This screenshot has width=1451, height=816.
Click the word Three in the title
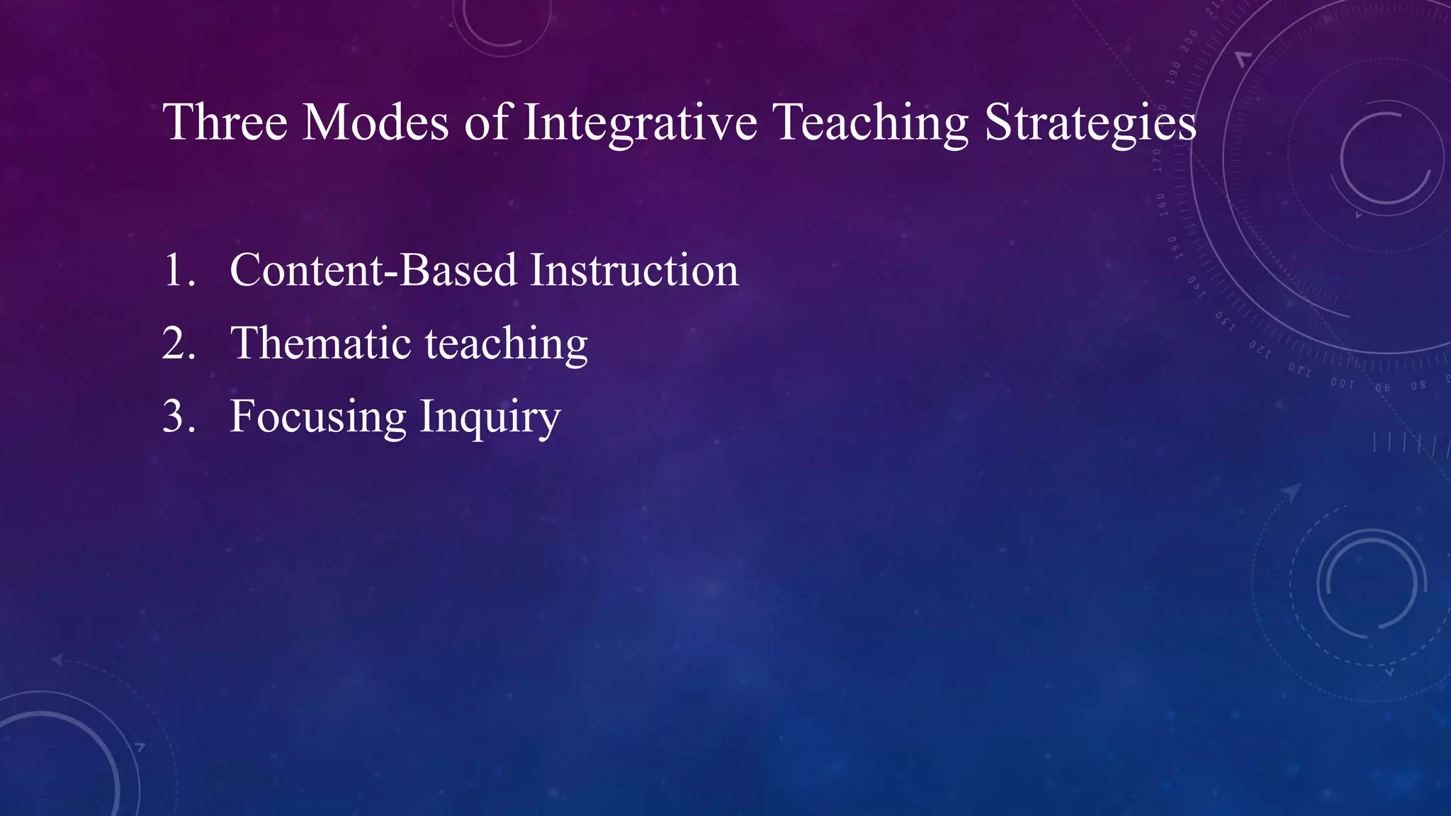click(x=225, y=122)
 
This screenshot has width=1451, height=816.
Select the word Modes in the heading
click(x=376, y=122)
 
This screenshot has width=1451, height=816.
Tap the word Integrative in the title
click(x=640, y=122)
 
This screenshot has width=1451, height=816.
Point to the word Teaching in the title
click(x=870, y=122)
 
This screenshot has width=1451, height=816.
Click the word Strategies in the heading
click(x=1090, y=122)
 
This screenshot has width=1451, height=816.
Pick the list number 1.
click(x=177, y=271)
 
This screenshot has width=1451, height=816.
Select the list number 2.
click(x=177, y=344)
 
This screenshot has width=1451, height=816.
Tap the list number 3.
click(x=177, y=416)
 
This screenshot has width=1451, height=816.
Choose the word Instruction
click(x=634, y=271)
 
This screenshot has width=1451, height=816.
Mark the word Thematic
click(x=321, y=344)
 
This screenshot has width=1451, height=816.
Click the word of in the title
click(x=486, y=122)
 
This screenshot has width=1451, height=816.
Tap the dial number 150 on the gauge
click(x=1173, y=247)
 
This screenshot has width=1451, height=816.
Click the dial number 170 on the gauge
click(x=1158, y=160)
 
